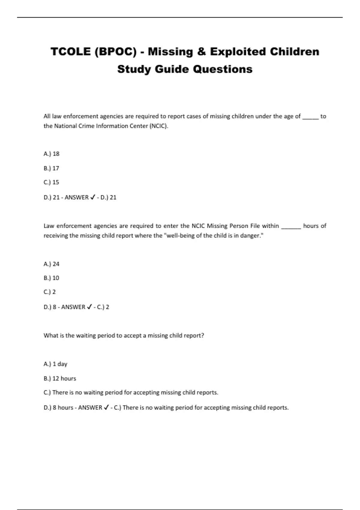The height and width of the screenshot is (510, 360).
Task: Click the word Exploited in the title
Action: pyautogui.click(x=238, y=52)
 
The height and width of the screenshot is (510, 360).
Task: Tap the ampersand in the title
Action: pyautogui.click(x=201, y=52)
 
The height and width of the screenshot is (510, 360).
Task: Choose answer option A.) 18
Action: pyautogui.click(x=52, y=154)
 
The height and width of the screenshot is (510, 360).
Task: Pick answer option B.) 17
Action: pyautogui.click(x=51, y=168)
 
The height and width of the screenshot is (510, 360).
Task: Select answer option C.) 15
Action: pyautogui.click(x=51, y=182)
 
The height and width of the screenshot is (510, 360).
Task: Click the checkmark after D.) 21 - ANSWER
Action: pyautogui.click(x=93, y=197)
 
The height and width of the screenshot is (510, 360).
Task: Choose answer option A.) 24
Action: pyautogui.click(x=52, y=264)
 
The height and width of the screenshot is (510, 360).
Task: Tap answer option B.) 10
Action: pyautogui.click(x=51, y=278)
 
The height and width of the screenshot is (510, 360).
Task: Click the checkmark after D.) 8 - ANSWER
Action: pyautogui.click(x=89, y=307)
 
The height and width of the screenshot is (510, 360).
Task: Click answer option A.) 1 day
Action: pyautogui.click(x=55, y=364)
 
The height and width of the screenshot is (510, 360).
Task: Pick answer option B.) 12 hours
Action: pyautogui.click(x=60, y=379)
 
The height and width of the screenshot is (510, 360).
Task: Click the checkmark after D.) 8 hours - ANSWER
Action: pyautogui.click(x=106, y=407)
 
